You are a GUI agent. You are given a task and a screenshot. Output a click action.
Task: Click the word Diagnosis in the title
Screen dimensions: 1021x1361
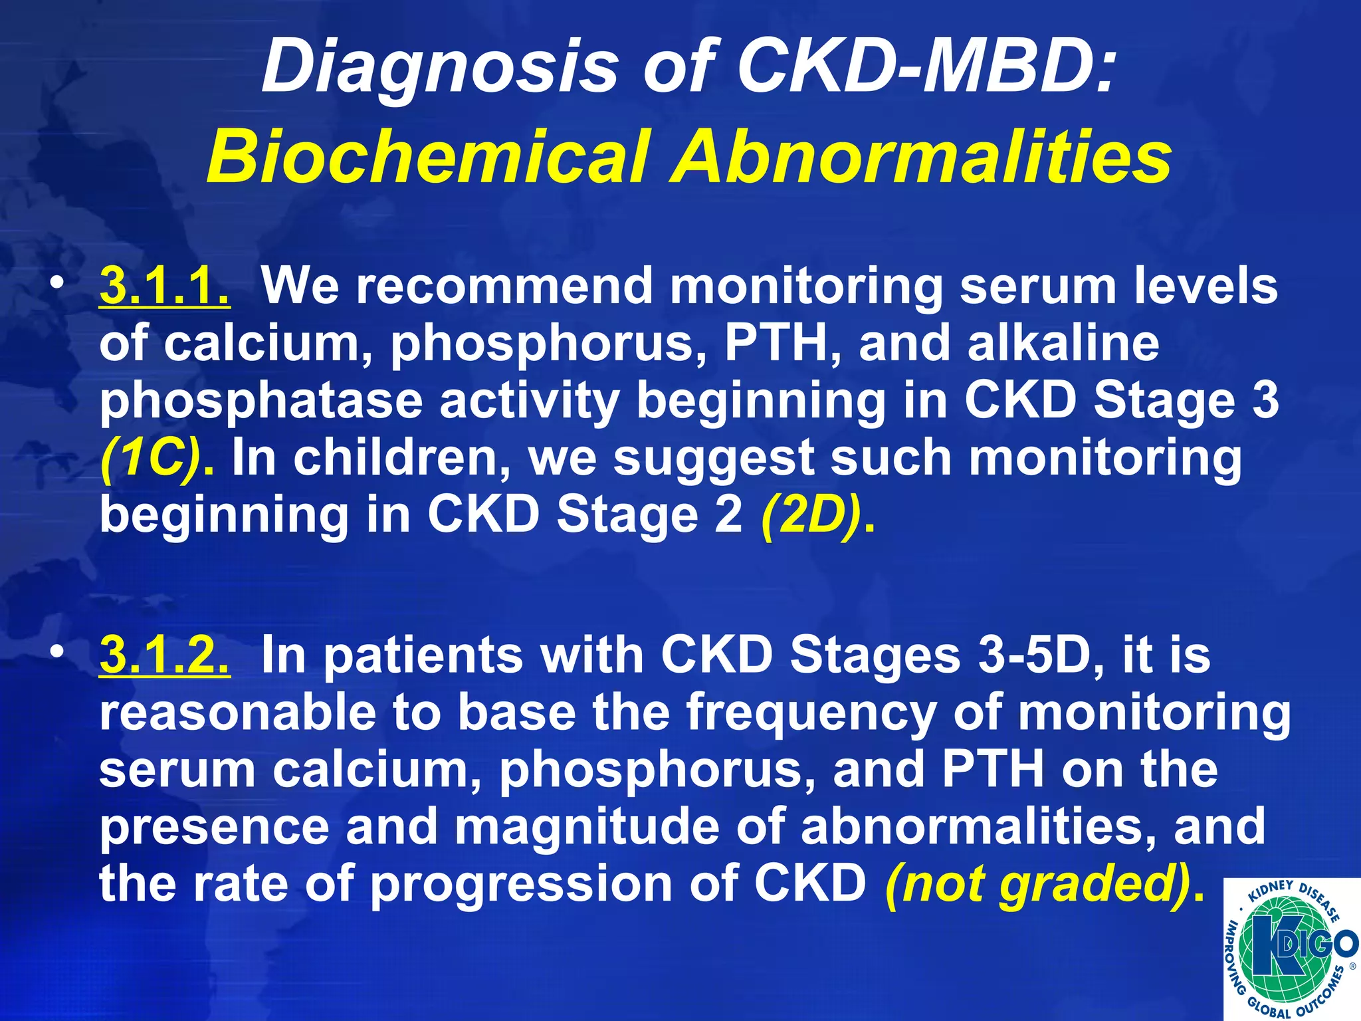439,68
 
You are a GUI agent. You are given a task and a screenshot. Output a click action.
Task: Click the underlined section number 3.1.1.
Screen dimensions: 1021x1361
165,286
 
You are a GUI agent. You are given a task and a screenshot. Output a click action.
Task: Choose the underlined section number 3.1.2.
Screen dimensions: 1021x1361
165,655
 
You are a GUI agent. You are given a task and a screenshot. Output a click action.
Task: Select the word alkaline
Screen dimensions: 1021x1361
1063,343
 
